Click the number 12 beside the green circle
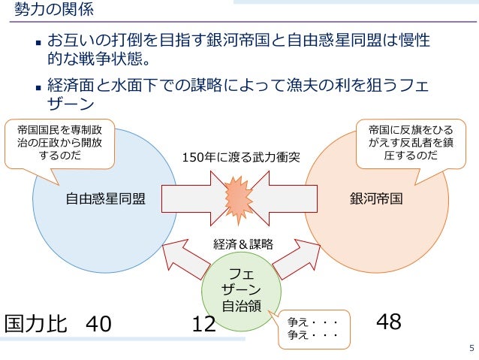[203, 324]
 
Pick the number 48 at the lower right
[389, 322]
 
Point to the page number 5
[471, 348]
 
